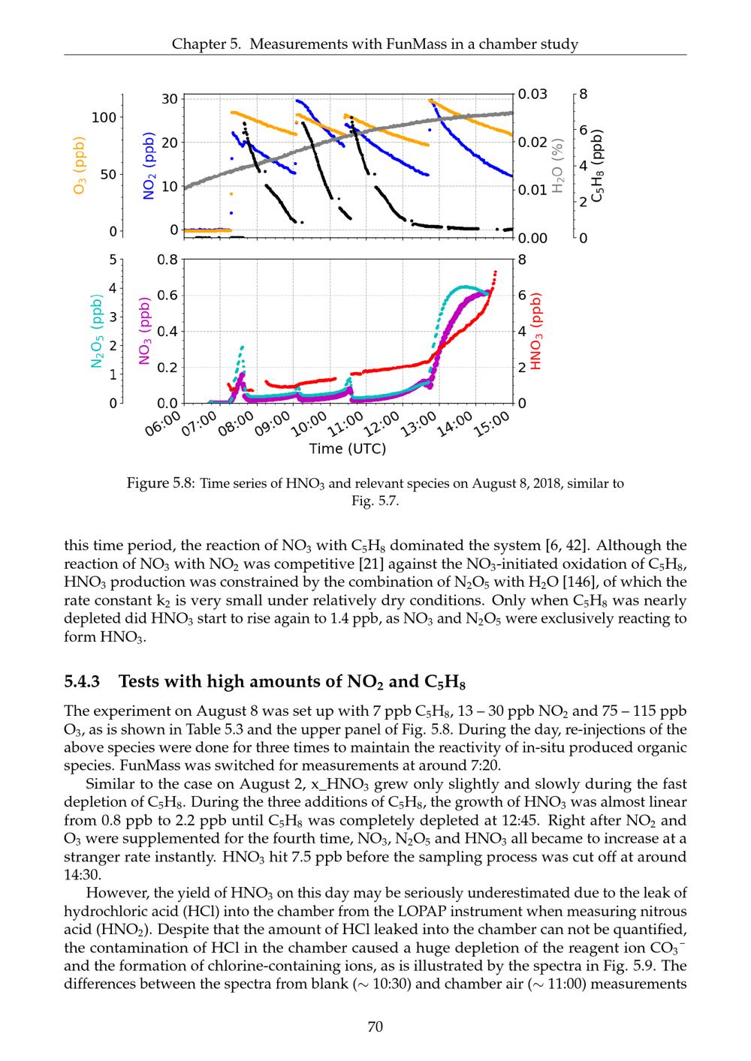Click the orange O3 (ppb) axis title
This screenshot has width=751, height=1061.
click(x=78, y=166)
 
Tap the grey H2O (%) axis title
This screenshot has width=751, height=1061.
click(x=556, y=166)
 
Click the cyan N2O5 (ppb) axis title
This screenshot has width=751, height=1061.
click(x=96, y=332)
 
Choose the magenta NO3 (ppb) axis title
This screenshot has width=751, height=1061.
click(x=145, y=332)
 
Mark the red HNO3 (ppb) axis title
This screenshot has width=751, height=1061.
click(x=536, y=332)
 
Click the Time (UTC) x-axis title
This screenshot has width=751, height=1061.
click(x=348, y=449)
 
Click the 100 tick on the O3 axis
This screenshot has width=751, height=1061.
click(x=104, y=117)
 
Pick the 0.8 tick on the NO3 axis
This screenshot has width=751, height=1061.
click(x=167, y=260)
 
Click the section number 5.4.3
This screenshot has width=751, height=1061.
click(x=83, y=681)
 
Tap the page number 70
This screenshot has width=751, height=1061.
click(x=375, y=1026)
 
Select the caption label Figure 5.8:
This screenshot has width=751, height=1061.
click(x=161, y=483)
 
